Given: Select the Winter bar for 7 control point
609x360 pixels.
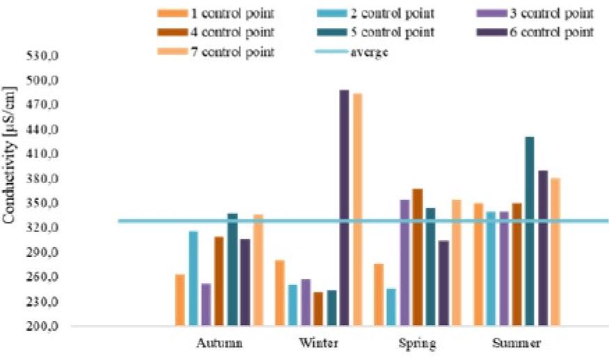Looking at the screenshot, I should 357,209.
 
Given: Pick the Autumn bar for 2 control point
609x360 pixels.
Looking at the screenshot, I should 193,279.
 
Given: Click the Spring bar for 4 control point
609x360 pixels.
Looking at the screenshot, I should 418,257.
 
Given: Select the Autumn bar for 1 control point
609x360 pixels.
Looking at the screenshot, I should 180,300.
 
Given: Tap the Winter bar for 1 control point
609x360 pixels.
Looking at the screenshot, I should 280,292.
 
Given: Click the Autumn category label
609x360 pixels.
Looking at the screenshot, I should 220,343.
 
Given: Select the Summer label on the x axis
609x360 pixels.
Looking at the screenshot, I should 516,343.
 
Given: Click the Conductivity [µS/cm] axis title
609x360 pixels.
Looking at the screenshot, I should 9,155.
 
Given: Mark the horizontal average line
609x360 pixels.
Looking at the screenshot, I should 139,221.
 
